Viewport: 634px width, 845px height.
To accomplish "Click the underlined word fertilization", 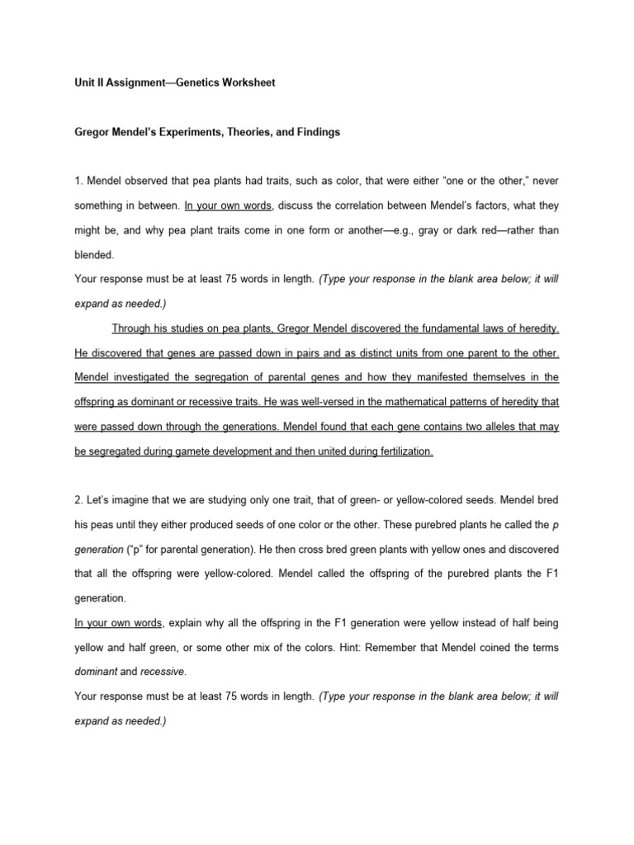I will (400, 452).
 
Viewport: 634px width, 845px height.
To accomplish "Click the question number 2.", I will (77, 501).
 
